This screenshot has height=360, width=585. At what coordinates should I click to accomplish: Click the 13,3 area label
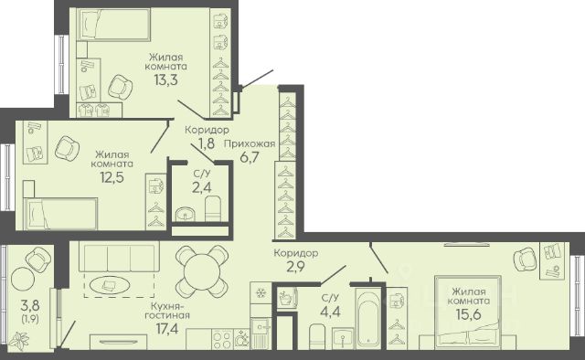tap(166, 79)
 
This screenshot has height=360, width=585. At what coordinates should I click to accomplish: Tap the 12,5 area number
tap(112, 177)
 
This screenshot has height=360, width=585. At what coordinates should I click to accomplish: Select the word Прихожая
tap(250, 144)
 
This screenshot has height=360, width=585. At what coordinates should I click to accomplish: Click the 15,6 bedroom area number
tap(469, 313)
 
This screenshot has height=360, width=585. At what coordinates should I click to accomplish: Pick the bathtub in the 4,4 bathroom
tap(367, 317)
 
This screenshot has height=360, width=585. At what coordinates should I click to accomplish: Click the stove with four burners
tap(222, 339)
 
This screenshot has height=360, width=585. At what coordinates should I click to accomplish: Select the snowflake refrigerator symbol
tap(260, 293)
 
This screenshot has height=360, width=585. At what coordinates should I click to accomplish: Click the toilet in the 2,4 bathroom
tap(213, 209)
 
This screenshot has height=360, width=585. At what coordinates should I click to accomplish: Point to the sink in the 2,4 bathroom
tap(185, 214)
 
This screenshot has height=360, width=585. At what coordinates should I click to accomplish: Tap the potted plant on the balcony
tap(19, 340)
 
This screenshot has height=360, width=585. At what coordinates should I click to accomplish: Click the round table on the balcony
tap(22, 278)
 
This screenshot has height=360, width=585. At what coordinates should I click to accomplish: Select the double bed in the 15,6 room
tap(468, 312)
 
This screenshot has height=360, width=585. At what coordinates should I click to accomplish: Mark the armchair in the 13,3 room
tap(121, 88)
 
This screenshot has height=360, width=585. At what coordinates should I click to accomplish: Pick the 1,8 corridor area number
tap(206, 143)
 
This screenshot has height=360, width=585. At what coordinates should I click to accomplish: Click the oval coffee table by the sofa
tap(111, 285)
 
